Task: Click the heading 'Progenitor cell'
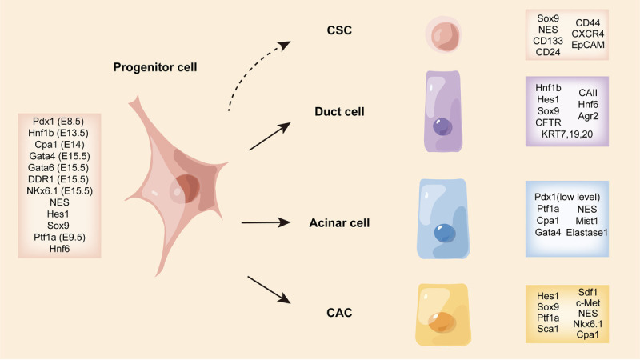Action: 155,67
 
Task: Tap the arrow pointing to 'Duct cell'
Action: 270,136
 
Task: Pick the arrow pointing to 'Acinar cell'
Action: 266,223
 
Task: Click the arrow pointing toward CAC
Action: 269,290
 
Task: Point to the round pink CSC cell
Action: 443,34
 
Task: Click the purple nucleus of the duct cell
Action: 442,126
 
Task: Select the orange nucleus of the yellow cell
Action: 442,322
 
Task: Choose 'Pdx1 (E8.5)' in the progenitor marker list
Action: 58,122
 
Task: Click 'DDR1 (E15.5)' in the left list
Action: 58,179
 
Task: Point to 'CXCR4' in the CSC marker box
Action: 588,34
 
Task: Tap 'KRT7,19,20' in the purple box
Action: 567,134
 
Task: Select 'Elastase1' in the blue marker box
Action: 587,233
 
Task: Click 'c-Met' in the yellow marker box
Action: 588,303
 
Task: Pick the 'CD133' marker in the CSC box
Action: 548,41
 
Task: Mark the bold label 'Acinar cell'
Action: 339,223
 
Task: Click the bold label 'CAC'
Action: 339,313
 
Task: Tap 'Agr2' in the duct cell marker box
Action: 588,116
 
